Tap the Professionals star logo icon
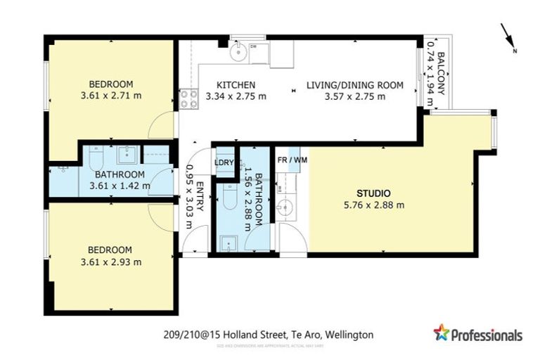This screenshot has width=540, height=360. pyautogui.click(x=441, y=333)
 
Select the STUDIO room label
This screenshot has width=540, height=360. pyautogui.click(x=373, y=193)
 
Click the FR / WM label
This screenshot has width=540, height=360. pyautogui.click(x=292, y=160)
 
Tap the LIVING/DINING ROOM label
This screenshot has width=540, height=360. pyautogui.click(x=354, y=85)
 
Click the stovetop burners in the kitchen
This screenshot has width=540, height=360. pyautogui.click(x=188, y=98)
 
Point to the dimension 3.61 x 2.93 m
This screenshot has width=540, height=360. pyautogui.click(x=110, y=262)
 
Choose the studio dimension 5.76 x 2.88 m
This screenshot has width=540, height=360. pyautogui.click(x=373, y=205)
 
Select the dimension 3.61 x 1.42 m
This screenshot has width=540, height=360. pyautogui.click(x=120, y=186)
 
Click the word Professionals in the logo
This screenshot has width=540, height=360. pyautogui.click(x=487, y=335)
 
